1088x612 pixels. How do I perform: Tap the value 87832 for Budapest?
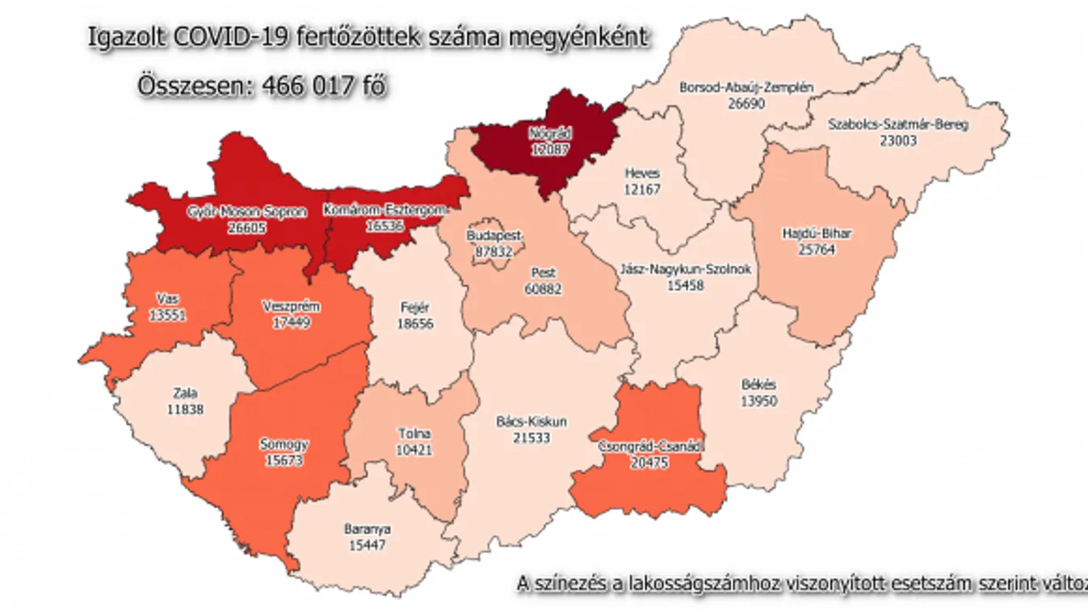[488, 251]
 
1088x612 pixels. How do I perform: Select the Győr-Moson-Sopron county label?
[246, 212]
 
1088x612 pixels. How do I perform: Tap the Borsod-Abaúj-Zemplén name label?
[734, 86]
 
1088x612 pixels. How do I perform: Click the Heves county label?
[642, 174]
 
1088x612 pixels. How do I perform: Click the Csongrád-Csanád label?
[651, 446]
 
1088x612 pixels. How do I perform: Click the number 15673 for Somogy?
[284, 459]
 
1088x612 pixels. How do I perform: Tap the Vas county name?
[167, 300]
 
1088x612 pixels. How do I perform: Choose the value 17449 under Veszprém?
[292, 322]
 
